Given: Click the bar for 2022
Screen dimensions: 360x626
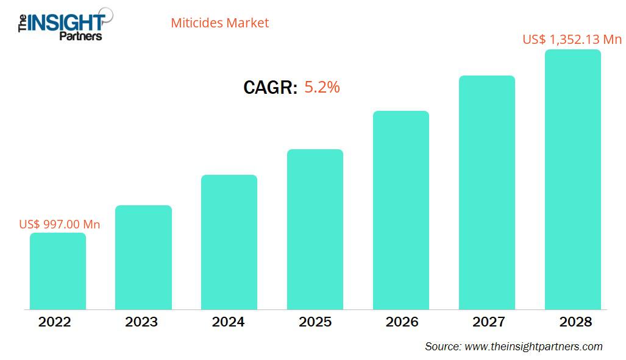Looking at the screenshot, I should point(58,271).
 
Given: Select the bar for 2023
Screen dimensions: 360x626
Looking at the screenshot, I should point(143,257).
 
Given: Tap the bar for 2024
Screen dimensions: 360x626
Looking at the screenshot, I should point(229,242).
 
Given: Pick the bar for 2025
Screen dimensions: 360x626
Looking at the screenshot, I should point(315,229).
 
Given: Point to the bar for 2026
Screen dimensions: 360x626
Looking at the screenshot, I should point(401,210).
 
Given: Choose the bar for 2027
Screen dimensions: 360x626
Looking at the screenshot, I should point(487,192).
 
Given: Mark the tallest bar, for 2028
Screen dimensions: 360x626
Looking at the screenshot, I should point(572,179).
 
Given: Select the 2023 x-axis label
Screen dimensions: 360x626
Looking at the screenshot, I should point(141,322).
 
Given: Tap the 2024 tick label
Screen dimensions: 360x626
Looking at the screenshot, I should point(228,322).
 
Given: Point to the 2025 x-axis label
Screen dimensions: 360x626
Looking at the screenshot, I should point(315,322).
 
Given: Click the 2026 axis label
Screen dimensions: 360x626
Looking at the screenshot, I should point(402,322).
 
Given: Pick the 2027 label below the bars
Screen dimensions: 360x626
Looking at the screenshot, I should point(488,322).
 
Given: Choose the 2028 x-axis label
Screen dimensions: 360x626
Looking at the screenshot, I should point(575,322).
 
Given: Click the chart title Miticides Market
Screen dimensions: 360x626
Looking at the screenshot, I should point(219,23).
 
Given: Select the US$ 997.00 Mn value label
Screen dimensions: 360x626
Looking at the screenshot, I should point(60,224).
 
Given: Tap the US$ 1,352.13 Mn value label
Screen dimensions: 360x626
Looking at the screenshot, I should point(572,40).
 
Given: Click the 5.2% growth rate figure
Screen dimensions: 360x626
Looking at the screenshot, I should point(322,87).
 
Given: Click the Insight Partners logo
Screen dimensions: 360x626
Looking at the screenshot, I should point(61,24).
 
